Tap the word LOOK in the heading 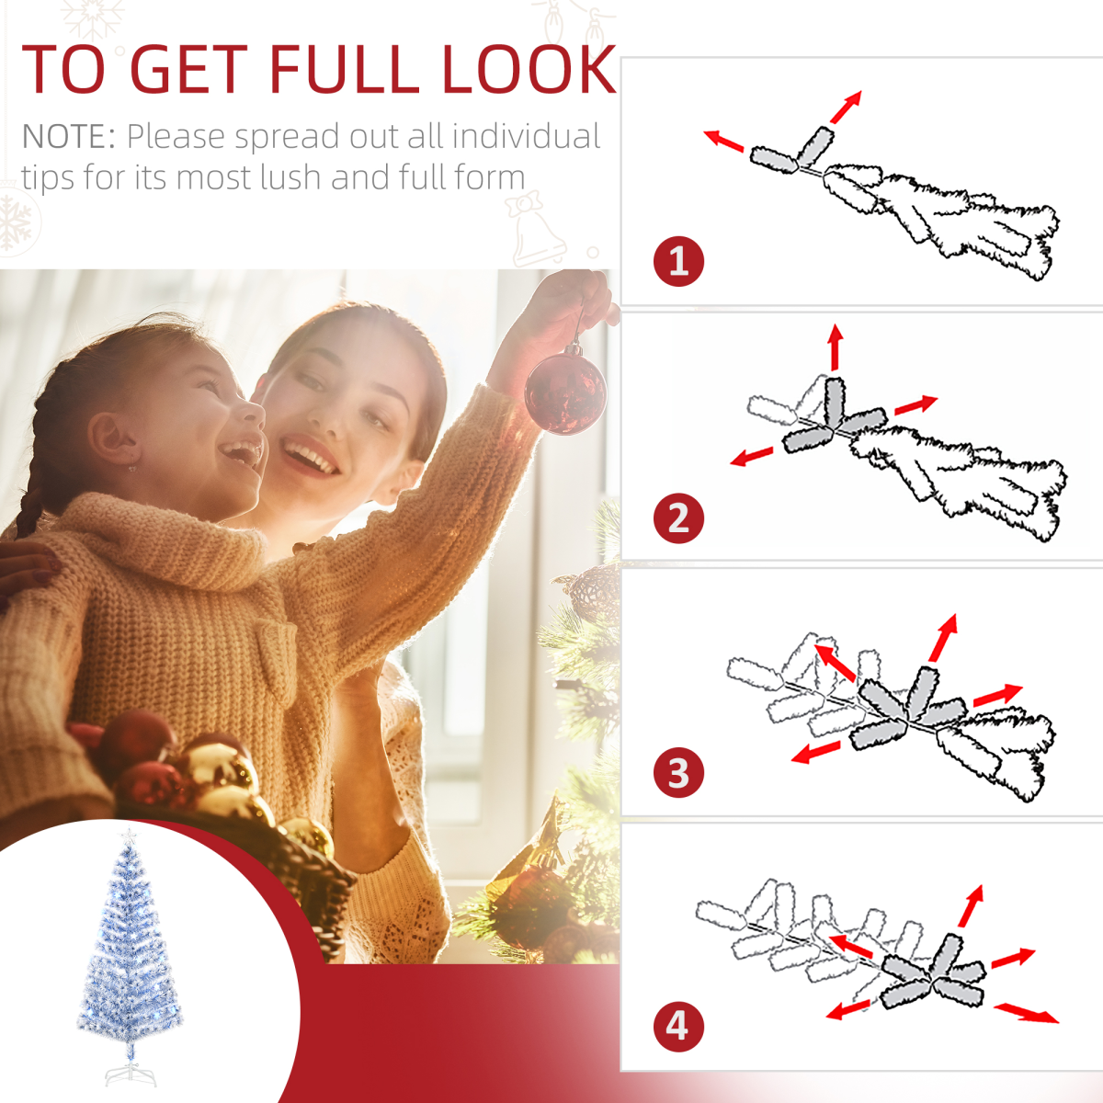(529, 69)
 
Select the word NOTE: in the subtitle (69, 137)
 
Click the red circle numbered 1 (678, 262)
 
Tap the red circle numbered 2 (678, 517)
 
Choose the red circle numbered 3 (678, 773)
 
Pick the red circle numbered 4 (678, 1026)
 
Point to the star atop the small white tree (130, 836)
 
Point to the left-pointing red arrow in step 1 (723, 141)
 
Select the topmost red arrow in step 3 (944, 637)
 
